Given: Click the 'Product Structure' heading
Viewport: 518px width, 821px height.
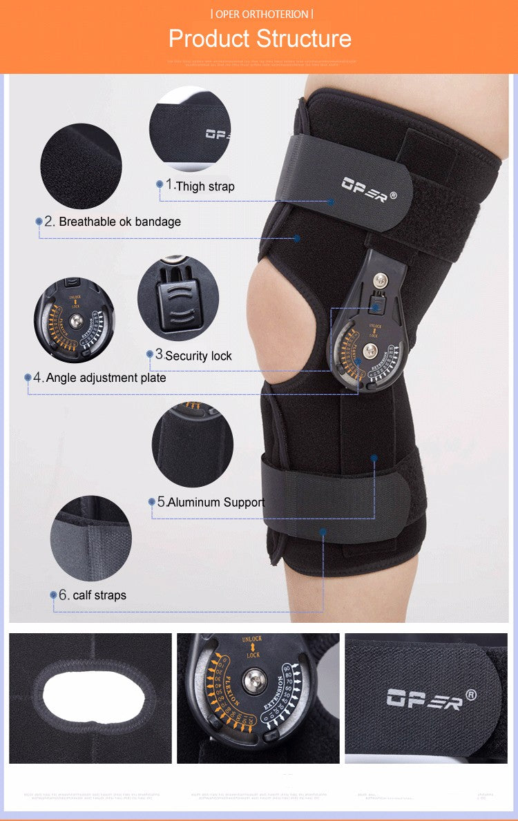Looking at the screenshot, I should [260, 39].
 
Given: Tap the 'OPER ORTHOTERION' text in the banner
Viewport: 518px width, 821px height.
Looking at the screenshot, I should [261, 14].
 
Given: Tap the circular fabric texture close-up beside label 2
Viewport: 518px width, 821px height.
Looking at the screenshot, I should [81, 166].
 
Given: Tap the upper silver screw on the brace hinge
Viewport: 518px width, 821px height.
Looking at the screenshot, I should [380, 280].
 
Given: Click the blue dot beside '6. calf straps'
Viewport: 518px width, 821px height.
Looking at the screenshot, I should [53, 595].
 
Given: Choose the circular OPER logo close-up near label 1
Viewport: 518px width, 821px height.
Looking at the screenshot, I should [189, 128].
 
